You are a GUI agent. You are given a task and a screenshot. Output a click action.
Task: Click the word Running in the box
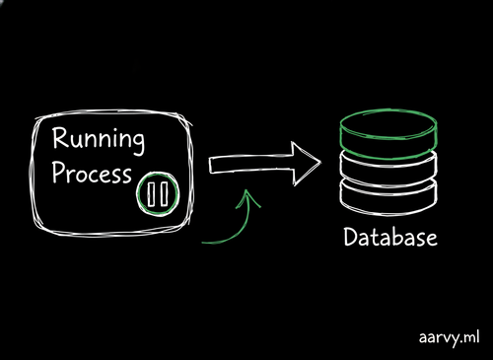pyautogui.click(x=99, y=140)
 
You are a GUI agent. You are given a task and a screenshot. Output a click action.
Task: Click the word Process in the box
pyautogui.click(x=92, y=173)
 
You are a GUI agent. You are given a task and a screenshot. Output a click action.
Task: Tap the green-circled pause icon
pyautogui.click(x=158, y=193)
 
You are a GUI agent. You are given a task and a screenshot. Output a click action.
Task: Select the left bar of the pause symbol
pyautogui.click(x=152, y=194)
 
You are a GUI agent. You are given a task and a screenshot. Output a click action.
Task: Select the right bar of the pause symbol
pyautogui.click(x=164, y=194)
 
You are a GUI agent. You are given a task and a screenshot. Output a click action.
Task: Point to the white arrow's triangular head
pyautogui.click(x=306, y=164)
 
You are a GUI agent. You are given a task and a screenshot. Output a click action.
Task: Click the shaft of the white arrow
pyautogui.click(x=250, y=164)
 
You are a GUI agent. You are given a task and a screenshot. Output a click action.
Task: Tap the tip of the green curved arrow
pyautogui.click(x=246, y=189)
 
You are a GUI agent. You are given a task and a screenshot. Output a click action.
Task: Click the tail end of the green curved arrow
pyautogui.click(x=202, y=243)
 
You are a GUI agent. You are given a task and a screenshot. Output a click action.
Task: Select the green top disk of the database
pyautogui.click(x=388, y=134)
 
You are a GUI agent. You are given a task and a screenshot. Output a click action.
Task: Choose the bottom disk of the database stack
pyautogui.click(x=389, y=196)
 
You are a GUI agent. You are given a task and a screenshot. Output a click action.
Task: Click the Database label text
pyautogui.click(x=390, y=237)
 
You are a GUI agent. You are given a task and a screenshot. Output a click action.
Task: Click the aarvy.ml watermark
pyautogui.click(x=449, y=338)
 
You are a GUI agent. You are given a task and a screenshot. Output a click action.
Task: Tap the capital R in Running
pyautogui.click(x=60, y=138)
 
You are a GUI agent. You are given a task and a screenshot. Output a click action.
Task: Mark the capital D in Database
pyautogui.click(x=351, y=237)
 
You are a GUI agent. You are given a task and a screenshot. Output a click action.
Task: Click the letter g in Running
pyautogui.click(x=137, y=143)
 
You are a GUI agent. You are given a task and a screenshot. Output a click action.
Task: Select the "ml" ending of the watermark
pyautogui.click(x=470, y=336)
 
